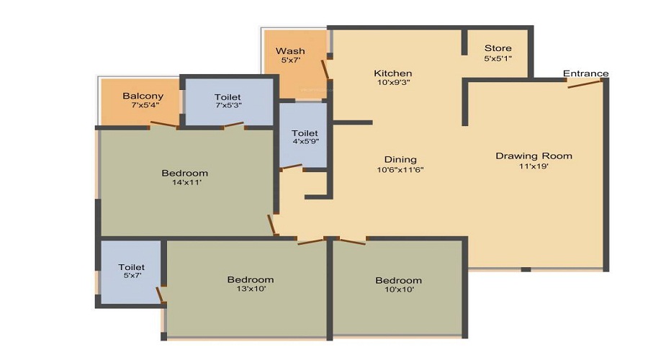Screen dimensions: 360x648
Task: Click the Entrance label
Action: [585, 73]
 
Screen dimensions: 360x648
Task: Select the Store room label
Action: [498, 48]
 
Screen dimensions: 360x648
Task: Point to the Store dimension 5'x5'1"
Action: [498, 58]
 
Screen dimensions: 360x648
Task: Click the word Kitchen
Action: [392, 73]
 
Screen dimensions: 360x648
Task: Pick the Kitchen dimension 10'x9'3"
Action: [392, 83]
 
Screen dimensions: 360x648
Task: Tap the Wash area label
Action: [290, 51]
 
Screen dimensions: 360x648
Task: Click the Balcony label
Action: [143, 96]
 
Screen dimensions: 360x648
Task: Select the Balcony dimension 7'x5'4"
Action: [143, 105]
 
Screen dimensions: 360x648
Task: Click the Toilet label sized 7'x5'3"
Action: [228, 97]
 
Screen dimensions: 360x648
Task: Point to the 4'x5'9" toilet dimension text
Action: [305, 142]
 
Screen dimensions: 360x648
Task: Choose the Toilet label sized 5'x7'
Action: [132, 267]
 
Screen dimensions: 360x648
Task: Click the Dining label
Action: [401, 160]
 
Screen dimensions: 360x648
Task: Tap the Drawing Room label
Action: [534, 156]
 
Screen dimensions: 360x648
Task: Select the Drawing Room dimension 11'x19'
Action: [534, 166]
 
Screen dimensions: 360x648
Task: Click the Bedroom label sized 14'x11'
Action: [184, 173]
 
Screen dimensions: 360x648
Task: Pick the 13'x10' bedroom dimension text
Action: [250, 289]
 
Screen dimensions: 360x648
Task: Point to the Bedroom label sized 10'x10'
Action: [397, 280]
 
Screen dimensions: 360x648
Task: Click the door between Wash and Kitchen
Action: [325, 69]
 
